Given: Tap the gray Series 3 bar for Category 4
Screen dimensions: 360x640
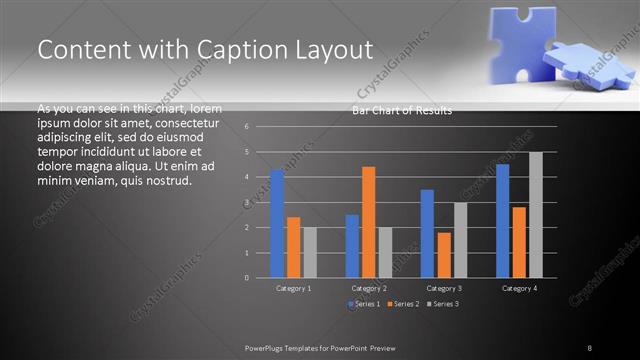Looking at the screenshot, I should click(x=535, y=215).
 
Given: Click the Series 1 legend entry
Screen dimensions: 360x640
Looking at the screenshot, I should click(x=363, y=303).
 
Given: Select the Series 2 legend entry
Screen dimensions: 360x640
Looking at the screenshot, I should click(x=402, y=303).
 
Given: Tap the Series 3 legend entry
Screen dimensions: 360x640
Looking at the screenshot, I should click(x=441, y=303).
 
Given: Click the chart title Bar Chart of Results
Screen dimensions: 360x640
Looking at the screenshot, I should click(x=402, y=111).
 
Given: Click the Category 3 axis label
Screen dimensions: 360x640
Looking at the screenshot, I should click(x=444, y=288).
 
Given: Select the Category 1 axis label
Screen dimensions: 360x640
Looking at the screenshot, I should click(x=293, y=288).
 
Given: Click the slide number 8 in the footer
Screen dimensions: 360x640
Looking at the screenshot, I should click(x=589, y=347).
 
